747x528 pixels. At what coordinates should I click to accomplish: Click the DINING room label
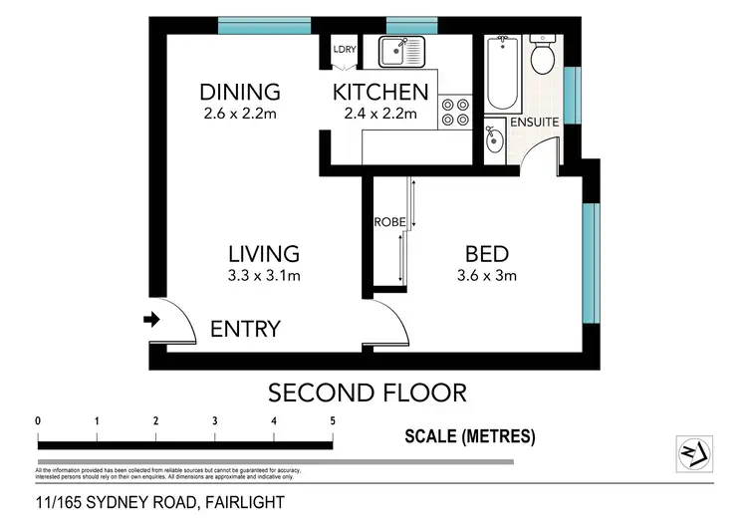pyautogui.click(x=239, y=92)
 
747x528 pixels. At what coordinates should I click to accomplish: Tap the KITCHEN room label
pyautogui.click(x=380, y=93)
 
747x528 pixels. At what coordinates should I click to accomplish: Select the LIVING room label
pyautogui.click(x=263, y=253)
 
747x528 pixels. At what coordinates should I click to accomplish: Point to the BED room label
pyautogui.click(x=487, y=253)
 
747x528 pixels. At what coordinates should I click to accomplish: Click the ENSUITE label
pyautogui.click(x=534, y=122)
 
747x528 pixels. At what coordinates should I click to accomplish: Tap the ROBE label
pyautogui.click(x=386, y=221)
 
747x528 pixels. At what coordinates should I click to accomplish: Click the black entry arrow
pyautogui.click(x=151, y=320)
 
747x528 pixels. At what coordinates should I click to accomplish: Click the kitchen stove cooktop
pyautogui.click(x=455, y=111)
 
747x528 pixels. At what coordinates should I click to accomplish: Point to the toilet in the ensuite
pyautogui.click(x=544, y=57)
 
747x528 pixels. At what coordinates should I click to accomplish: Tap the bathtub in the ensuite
pyautogui.click(x=500, y=75)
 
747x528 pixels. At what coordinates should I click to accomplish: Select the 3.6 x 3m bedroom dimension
pyautogui.click(x=487, y=276)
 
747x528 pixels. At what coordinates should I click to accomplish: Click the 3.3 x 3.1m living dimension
pyautogui.click(x=263, y=276)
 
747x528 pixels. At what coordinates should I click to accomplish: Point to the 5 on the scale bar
pyautogui.click(x=332, y=420)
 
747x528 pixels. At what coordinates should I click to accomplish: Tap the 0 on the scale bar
pyautogui.click(x=38, y=420)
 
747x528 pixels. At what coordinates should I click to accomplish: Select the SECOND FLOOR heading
pyautogui.click(x=368, y=393)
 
